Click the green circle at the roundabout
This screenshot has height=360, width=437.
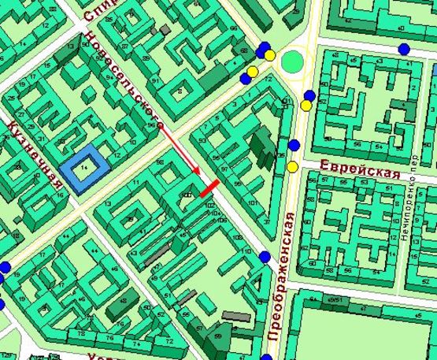294,60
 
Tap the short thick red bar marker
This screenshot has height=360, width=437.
209,188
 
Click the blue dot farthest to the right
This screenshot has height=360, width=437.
404,49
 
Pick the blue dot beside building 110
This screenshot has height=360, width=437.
264,256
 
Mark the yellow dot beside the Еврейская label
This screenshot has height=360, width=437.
293,166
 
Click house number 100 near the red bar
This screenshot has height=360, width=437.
187,194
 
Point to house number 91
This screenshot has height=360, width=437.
156,80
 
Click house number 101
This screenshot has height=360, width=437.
252,203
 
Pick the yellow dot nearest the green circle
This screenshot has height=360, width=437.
270,56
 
